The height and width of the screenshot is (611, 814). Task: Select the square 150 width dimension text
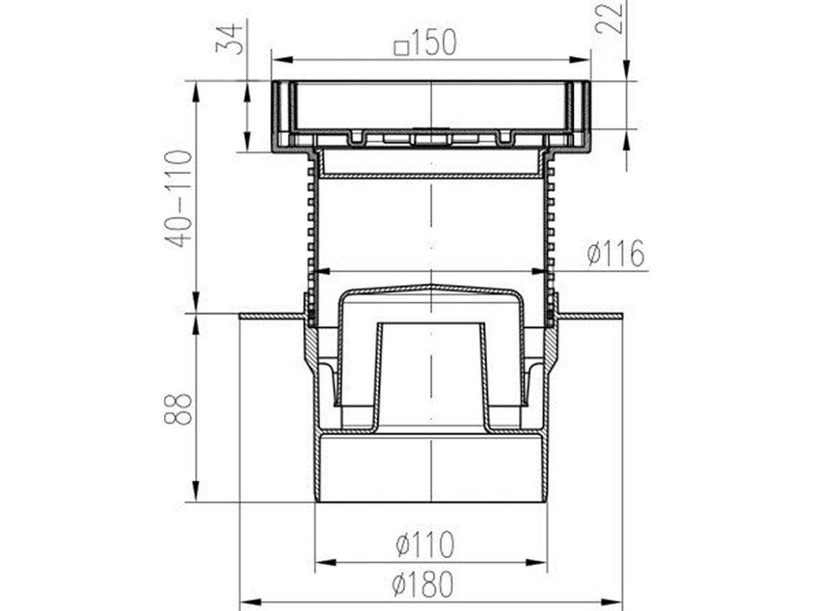426,44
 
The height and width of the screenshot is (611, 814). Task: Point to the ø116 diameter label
615,254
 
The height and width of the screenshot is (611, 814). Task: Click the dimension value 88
180,409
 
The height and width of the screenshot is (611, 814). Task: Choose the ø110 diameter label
425,544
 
